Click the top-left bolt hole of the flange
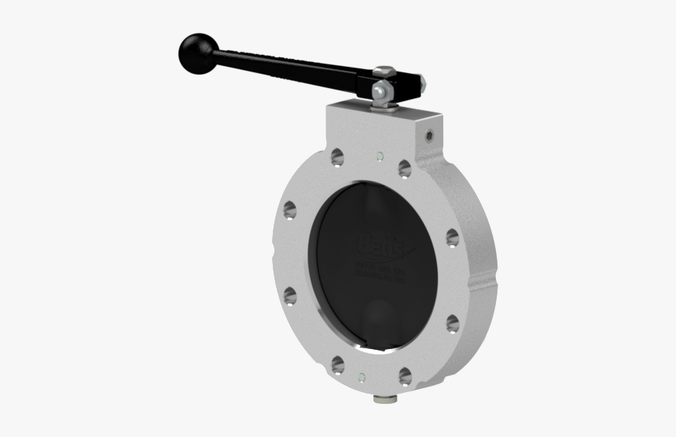coord(337,157)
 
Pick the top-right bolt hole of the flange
coord(404,168)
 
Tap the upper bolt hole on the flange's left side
coord(290,210)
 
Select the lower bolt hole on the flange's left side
coord(290,296)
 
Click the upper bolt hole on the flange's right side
coord(452,237)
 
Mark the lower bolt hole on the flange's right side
coord(452,323)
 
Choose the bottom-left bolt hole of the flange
coord(337,363)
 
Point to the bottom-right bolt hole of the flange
coord(404,376)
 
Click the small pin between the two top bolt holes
coord(380,155)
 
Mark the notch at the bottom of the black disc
coord(362,340)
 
